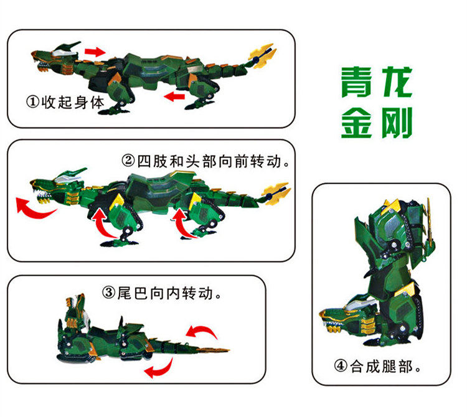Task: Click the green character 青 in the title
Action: (357, 82)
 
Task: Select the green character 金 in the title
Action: (357, 123)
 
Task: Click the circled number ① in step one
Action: (33, 102)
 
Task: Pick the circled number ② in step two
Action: (129, 161)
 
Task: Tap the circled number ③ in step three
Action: (109, 293)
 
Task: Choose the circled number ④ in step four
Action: (341, 366)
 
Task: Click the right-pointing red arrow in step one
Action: (95, 52)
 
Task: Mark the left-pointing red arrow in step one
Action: (174, 96)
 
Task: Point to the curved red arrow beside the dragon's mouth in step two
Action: (34, 208)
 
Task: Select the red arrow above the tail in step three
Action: (202, 332)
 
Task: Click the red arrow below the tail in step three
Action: (159, 368)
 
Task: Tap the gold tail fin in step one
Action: (262, 55)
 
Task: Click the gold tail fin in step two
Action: (276, 193)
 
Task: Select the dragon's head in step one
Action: (57, 57)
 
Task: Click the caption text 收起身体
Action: (73, 103)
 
